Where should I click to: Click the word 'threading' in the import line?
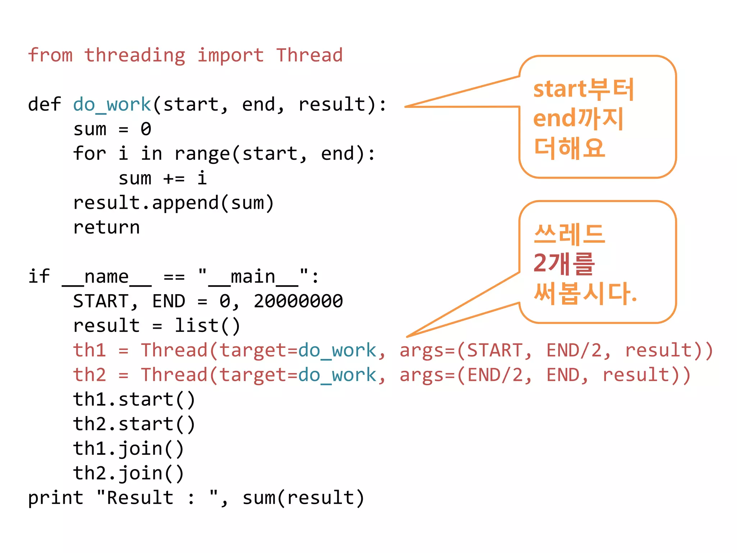pyautogui.click(x=135, y=56)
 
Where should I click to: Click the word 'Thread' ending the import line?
pyautogui.click(x=309, y=56)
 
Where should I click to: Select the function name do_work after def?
pyautogui.click(x=112, y=105)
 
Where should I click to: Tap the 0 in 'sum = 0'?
pyautogui.click(x=146, y=130)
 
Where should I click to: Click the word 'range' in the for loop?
pyautogui.click(x=202, y=154)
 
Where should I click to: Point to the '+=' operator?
pyautogui.click(x=174, y=179)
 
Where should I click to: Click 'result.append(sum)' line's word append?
pyautogui.click(x=185, y=203)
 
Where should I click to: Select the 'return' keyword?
pyautogui.click(x=107, y=228)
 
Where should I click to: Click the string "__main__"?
pyautogui.click(x=253, y=277)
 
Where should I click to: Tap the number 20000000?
pyautogui.click(x=298, y=302)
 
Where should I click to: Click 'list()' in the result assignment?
pyautogui.click(x=207, y=326)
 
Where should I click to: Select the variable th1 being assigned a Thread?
pyautogui.click(x=89, y=351)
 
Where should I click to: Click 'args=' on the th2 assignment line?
pyautogui.click(x=428, y=375)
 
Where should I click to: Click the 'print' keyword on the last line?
pyautogui.click(x=55, y=498)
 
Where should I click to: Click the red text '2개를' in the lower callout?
pyautogui.click(x=564, y=264)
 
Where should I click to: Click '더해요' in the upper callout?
pyautogui.click(x=569, y=148)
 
